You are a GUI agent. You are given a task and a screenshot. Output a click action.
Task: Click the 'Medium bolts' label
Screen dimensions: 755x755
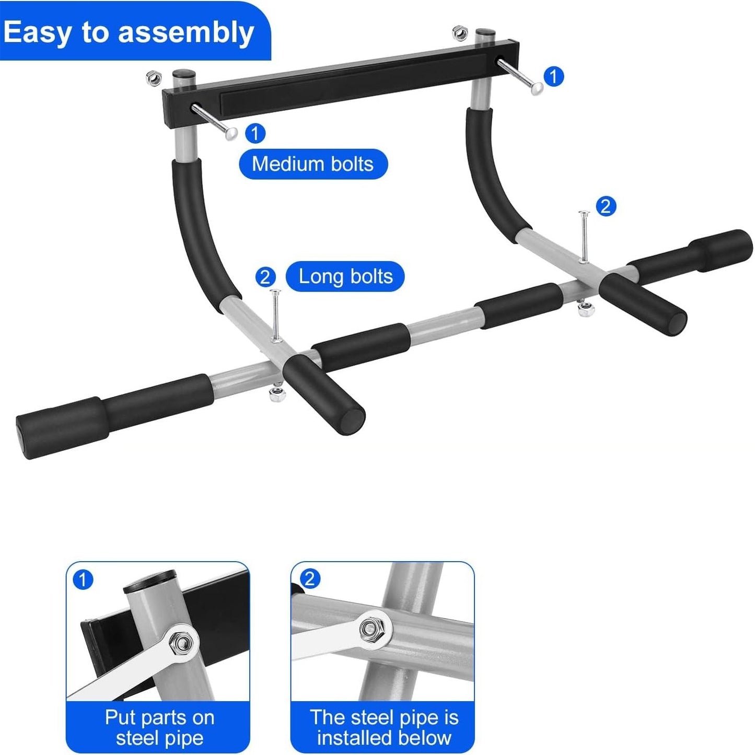pos(312,164)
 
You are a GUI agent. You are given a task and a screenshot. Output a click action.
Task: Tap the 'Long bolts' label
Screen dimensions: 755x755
pos(345,276)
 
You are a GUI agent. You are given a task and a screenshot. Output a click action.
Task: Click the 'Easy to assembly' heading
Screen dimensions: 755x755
pos(129,32)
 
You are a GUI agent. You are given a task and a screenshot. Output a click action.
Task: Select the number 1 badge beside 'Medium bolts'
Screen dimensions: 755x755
pos(255,133)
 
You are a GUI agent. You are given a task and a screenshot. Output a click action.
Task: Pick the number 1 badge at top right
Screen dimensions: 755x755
pos(554,76)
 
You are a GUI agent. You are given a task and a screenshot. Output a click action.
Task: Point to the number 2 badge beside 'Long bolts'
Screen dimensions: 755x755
pos(265,277)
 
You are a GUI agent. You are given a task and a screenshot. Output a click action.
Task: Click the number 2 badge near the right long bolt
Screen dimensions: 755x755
pos(606,206)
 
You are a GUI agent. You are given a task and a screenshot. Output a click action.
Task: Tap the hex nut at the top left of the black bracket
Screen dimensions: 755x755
pos(154,78)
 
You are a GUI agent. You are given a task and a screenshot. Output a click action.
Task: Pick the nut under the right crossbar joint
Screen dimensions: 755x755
pos(586,308)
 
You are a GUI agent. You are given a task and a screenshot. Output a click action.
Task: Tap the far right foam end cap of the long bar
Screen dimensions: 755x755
pos(722,250)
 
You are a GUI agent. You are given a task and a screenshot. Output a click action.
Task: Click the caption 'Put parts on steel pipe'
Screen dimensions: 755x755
pos(160,728)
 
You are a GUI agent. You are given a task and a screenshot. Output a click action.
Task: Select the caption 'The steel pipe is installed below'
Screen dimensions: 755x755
pos(384,728)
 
